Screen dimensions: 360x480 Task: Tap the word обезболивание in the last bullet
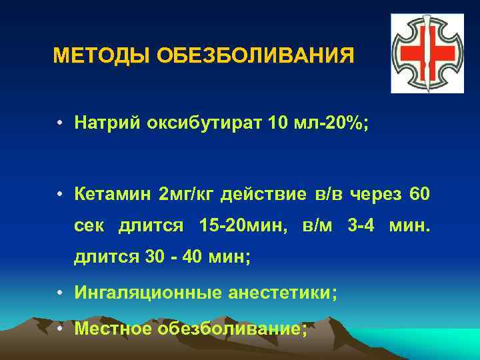[x=232, y=328]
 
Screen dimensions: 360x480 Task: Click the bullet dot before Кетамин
[x=60, y=195]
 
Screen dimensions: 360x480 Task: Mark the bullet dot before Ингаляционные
[x=60, y=292]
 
